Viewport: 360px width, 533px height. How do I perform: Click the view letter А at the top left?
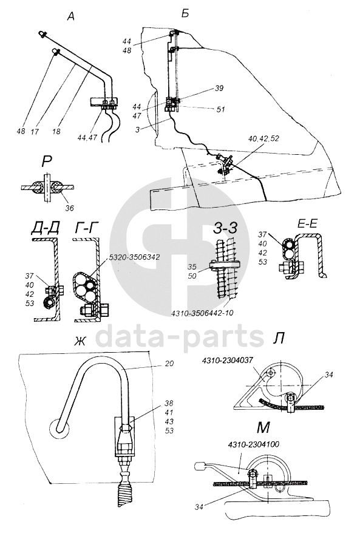pos(70,16)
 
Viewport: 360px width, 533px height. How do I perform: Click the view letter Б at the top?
pos(185,15)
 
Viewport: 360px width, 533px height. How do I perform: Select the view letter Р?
pos(46,162)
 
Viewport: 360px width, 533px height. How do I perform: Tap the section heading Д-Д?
pos(45,229)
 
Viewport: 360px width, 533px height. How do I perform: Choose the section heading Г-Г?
pos(87,229)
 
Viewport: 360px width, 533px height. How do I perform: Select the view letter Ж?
pos(80,341)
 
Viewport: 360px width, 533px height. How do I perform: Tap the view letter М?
pos(263,428)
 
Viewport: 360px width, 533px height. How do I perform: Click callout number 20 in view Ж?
pos(169,364)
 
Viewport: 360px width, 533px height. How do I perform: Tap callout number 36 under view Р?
pos(69,208)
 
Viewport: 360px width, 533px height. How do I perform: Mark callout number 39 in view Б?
pos(219,88)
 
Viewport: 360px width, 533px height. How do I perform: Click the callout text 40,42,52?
pos(263,139)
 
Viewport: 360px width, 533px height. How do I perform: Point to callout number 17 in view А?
pos(35,131)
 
